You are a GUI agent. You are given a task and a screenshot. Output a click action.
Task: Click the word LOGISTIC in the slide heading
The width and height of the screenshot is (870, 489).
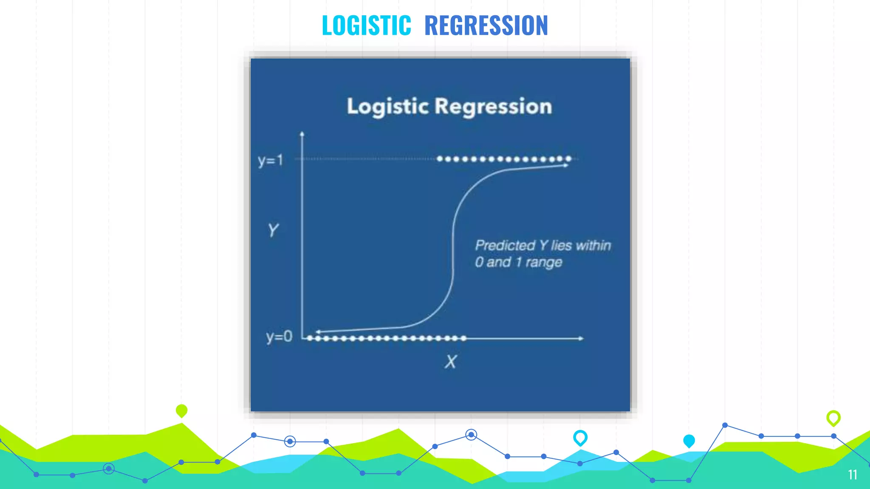click(x=366, y=25)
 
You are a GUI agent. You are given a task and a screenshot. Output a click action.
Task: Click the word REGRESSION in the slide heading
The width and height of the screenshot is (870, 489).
click(x=486, y=25)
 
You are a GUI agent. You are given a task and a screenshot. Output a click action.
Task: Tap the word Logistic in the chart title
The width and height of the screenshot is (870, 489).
click(x=387, y=107)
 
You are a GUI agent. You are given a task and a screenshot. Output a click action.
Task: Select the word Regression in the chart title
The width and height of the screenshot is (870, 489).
click(x=493, y=107)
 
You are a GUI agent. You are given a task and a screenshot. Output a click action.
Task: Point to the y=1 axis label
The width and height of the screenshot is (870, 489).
click(x=270, y=160)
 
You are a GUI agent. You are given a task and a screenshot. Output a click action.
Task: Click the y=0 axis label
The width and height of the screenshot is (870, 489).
click(x=279, y=337)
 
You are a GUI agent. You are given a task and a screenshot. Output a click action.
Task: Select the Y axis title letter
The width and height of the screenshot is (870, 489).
click(x=273, y=230)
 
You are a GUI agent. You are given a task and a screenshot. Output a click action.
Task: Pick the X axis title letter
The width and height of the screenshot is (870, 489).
click(x=450, y=362)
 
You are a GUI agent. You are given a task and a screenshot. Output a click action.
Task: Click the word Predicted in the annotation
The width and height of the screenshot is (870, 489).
click(x=505, y=245)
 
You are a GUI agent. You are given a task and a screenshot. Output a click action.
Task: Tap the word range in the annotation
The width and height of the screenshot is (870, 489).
click(x=544, y=262)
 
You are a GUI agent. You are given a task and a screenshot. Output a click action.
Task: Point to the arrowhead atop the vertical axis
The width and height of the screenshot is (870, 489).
click(x=302, y=134)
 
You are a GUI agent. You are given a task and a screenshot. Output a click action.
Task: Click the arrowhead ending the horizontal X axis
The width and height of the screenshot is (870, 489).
click(x=581, y=338)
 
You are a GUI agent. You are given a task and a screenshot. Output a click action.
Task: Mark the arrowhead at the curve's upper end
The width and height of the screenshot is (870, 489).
click(x=566, y=166)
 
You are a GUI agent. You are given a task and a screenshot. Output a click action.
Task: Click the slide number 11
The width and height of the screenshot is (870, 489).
click(x=852, y=475)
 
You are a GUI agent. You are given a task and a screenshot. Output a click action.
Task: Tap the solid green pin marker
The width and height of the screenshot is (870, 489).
click(x=181, y=410)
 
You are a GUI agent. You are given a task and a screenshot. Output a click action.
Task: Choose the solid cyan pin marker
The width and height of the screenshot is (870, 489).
click(x=689, y=441)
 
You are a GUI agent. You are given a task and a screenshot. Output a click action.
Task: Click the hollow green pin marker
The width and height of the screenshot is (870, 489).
click(x=833, y=418)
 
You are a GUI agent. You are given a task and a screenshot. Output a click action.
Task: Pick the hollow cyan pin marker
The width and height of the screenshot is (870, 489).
click(x=580, y=437)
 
